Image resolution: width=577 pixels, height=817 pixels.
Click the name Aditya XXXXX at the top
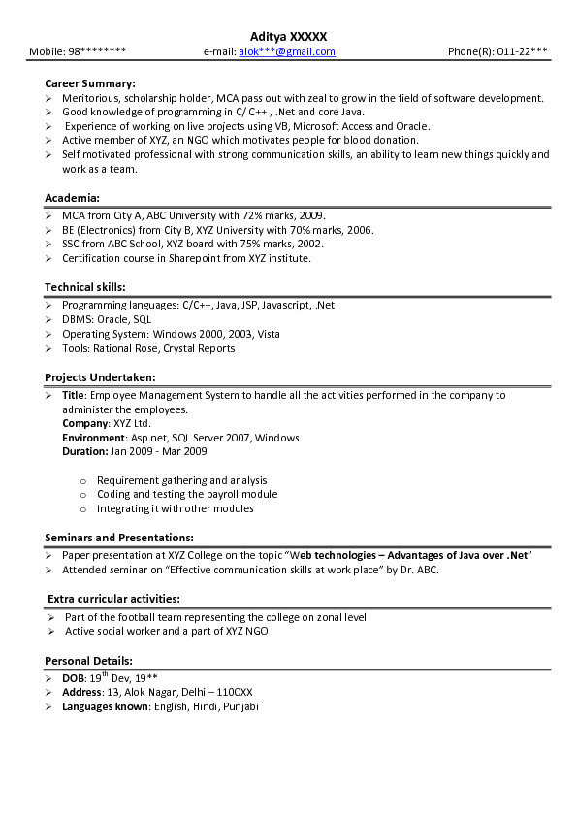coord(288,35)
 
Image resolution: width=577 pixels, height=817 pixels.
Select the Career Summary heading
coord(90,83)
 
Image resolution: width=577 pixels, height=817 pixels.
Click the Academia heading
coord(72,197)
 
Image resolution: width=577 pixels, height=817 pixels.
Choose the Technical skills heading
coord(85,287)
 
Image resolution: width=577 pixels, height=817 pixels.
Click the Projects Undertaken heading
coord(100,376)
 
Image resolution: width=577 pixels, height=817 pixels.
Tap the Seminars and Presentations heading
coord(119,537)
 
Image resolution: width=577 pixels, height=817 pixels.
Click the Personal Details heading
coord(89,661)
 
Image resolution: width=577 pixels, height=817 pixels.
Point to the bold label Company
coord(84,424)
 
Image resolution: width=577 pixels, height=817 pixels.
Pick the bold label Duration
coord(84,451)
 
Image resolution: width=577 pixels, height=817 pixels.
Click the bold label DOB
coord(73,679)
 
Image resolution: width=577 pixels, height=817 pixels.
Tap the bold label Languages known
coord(105,706)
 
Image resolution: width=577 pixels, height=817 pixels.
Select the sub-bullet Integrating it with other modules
coord(175,508)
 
